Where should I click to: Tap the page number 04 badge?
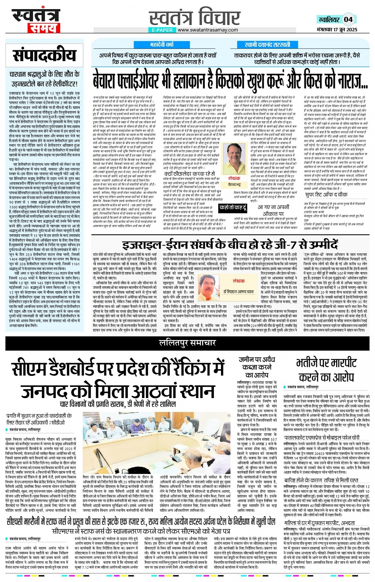coord(348,19)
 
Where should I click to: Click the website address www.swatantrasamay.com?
coord(208,30)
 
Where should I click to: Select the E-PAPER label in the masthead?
coord(162,30)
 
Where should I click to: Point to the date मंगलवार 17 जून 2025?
coord(337,29)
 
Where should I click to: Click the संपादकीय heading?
coord(44,56)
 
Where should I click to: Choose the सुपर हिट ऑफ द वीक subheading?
coord(326,195)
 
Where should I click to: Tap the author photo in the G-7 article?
coord(209,285)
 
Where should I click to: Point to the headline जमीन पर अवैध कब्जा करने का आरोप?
coord(257,367)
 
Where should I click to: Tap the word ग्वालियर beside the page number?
coord(329,19)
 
